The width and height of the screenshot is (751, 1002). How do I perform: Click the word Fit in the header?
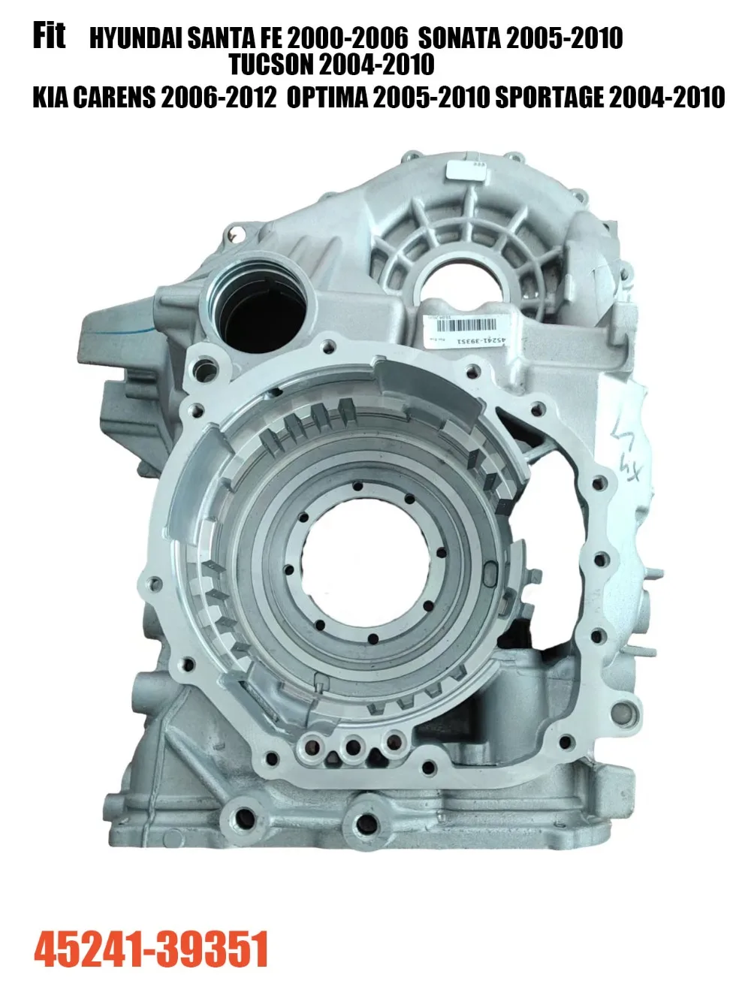pos(49,35)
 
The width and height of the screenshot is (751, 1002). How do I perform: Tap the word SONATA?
pos(459,38)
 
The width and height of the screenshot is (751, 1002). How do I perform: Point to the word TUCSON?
pos(271,65)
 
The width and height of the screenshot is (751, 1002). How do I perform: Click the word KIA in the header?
pos(50,98)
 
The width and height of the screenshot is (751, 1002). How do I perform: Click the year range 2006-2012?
pos(219,98)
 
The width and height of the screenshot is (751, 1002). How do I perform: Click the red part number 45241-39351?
pos(151,949)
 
